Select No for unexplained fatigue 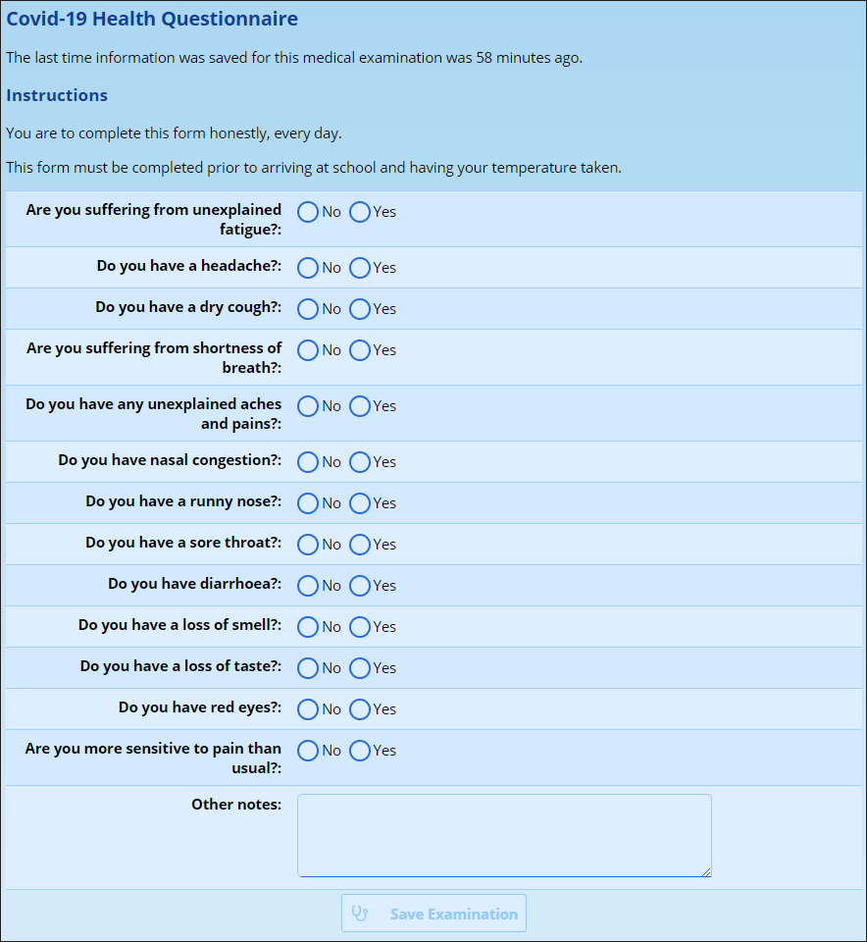point(308,212)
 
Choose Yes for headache point(360,268)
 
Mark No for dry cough point(308,309)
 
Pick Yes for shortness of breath point(360,350)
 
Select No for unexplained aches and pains point(308,406)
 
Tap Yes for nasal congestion point(360,462)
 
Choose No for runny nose point(308,503)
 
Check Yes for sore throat point(360,545)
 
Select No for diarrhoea point(308,586)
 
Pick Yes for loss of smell point(360,627)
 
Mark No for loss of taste point(308,668)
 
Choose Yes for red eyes point(360,709)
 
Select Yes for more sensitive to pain point(360,751)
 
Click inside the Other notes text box point(504,835)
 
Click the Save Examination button point(433,914)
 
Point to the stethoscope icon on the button point(360,914)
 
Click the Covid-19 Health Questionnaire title point(152,20)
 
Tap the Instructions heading point(57,96)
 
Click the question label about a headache point(189,266)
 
